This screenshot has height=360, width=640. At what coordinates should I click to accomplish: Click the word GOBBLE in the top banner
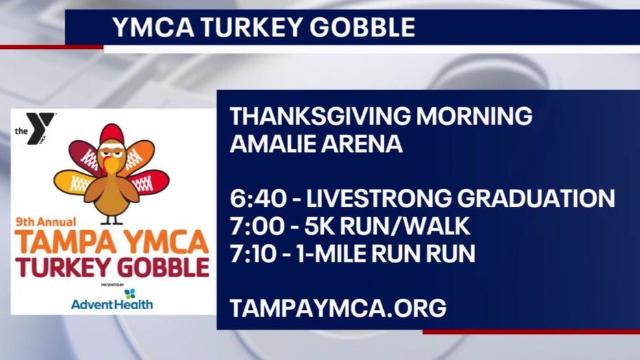pyautogui.click(x=362, y=27)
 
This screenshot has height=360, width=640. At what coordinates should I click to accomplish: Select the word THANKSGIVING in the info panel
pyautogui.click(x=321, y=116)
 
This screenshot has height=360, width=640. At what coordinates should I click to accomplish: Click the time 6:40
pyautogui.click(x=258, y=199)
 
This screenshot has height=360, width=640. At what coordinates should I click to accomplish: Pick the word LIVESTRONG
pyautogui.click(x=379, y=199)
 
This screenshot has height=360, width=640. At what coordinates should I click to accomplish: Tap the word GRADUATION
pyautogui.click(x=536, y=199)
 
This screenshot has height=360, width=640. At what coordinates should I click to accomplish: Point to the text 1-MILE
pyautogui.click(x=331, y=254)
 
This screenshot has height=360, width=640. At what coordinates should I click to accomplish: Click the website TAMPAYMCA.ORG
pyautogui.click(x=338, y=308)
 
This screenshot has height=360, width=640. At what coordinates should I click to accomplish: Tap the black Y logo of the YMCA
pyautogui.click(x=40, y=127)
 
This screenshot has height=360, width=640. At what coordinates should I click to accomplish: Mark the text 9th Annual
pyautogui.click(x=46, y=222)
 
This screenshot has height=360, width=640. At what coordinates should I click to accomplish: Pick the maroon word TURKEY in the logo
pyautogui.click(x=63, y=267)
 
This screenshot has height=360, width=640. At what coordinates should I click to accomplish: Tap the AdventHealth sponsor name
pyautogui.click(x=112, y=304)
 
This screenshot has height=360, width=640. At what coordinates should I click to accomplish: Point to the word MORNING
pyautogui.click(x=474, y=116)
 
